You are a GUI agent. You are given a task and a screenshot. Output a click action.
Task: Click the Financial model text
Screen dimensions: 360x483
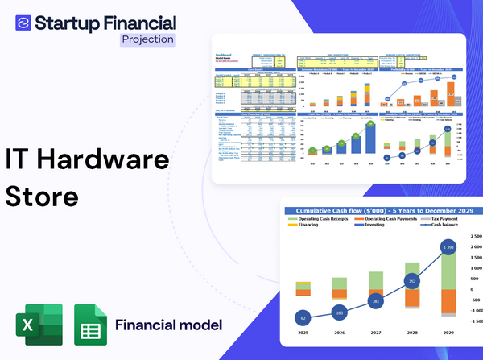click(x=168, y=325)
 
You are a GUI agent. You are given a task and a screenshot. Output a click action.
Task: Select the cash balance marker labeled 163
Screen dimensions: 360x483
click(x=338, y=312)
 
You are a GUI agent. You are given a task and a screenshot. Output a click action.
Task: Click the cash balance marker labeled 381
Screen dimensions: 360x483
click(x=375, y=300)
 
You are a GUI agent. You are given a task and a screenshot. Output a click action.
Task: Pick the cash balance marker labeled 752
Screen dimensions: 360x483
click(x=411, y=282)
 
